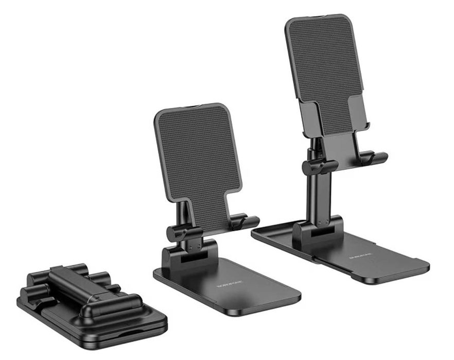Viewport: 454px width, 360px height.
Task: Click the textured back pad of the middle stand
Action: tap(198, 154)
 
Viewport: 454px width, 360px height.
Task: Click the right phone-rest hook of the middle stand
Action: tap(246, 222)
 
